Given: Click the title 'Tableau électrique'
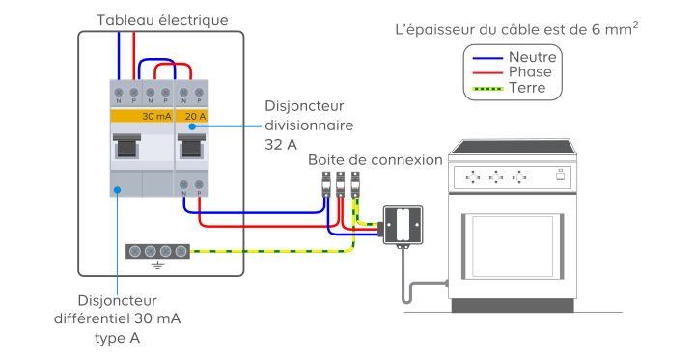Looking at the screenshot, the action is point(163,20).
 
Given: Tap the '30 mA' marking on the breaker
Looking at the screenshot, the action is point(156,116).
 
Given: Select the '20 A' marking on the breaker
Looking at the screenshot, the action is point(195,116).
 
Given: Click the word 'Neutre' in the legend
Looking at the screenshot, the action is point(532,57).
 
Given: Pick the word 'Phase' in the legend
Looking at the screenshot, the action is point(530,71).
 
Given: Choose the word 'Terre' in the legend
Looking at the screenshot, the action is point(527,87).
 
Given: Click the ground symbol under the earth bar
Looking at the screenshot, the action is point(157,264).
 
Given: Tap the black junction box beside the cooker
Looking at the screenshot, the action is point(403,224).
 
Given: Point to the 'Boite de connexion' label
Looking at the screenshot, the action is point(375,159).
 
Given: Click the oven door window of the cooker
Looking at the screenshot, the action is point(513,246).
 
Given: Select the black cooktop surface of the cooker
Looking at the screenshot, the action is point(512,147).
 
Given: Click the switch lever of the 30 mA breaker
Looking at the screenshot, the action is point(126,146).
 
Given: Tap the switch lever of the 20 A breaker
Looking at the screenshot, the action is point(191,146).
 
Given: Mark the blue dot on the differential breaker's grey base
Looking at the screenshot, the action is point(117,190).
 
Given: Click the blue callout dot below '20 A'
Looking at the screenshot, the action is point(192,126).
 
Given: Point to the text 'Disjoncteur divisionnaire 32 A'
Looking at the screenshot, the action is point(309,125).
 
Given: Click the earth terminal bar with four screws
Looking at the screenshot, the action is point(157,251).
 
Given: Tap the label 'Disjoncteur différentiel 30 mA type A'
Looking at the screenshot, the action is point(118,319).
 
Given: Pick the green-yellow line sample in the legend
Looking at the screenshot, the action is point(488,89).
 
